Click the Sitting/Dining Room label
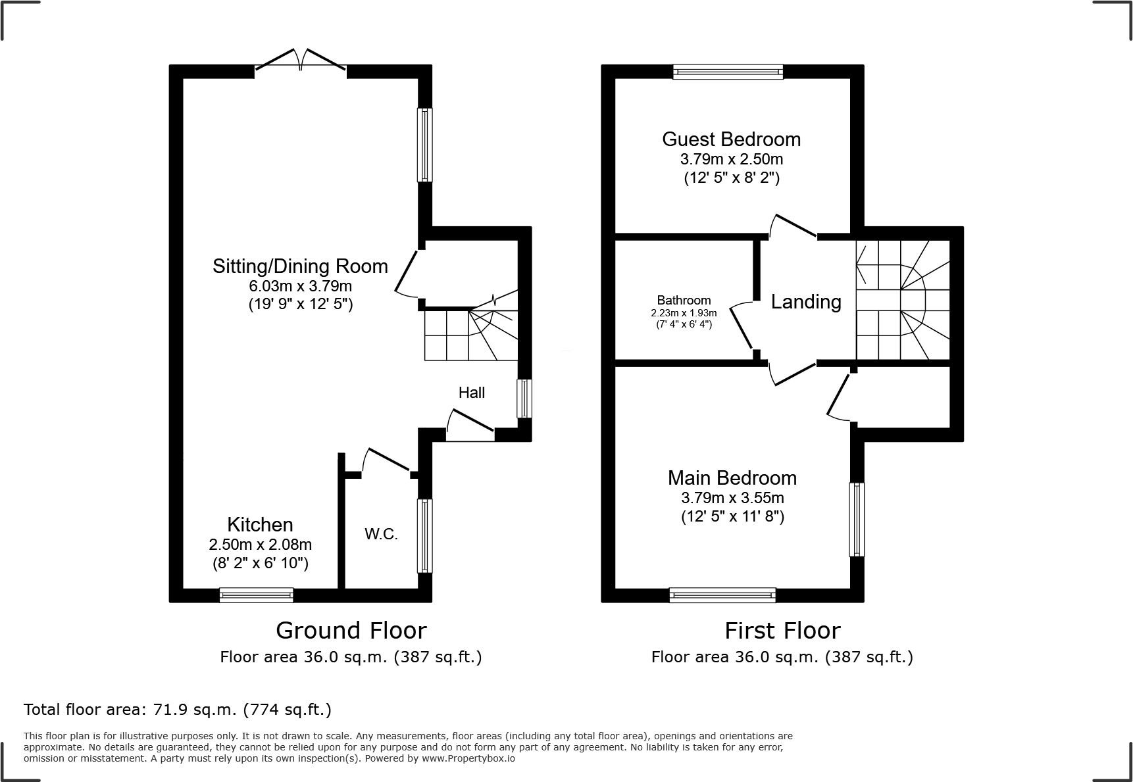(x=300, y=266)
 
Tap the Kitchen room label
(x=260, y=524)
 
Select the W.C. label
(x=382, y=534)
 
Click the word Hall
(x=471, y=393)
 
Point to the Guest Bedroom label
(x=731, y=139)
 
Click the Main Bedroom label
(x=732, y=477)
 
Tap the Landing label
(x=805, y=302)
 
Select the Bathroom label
(x=684, y=301)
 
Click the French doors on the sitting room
(x=301, y=61)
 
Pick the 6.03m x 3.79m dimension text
(x=300, y=286)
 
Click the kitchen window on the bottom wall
(x=256, y=595)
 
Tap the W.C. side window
(x=425, y=535)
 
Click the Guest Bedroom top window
(x=728, y=72)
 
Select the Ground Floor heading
(x=351, y=630)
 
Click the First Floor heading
(x=782, y=630)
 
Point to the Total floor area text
(x=177, y=710)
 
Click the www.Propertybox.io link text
(x=468, y=758)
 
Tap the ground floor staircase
(x=470, y=335)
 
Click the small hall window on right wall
(x=524, y=398)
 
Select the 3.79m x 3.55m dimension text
(x=732, y=498)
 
